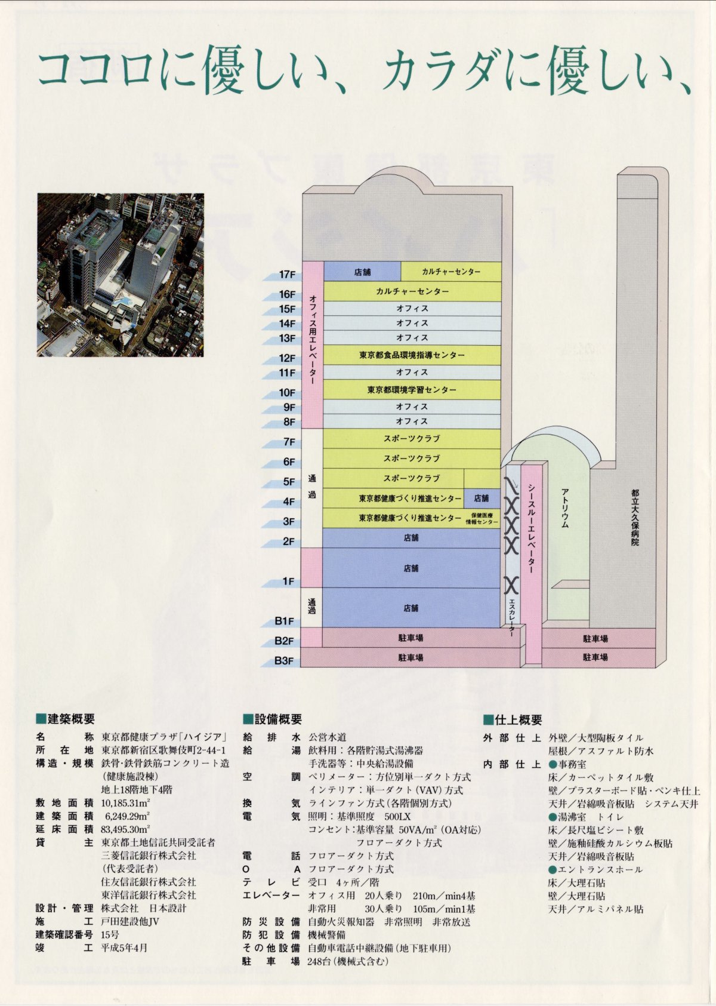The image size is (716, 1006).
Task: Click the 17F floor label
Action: coord(288,275)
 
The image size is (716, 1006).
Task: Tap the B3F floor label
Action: coord(285,661)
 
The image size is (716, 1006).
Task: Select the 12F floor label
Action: coord(288,358)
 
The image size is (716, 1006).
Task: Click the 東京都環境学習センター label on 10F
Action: coord(412,390)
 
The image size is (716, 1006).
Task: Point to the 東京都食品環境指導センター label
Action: coord(412,355)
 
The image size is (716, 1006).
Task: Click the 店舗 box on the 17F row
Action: coord(362,272)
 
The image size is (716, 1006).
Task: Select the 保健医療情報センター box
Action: coord(482,518)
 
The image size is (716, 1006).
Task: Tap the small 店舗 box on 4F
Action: coord(482,498)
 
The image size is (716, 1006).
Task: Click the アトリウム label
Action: coord(564,507)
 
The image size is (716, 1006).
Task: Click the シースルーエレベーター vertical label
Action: coord(530,528)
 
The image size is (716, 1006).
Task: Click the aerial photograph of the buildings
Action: coord(121,275)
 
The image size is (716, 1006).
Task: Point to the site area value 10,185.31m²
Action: coord(126,803)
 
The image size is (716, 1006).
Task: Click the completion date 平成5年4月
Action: coord(124,947)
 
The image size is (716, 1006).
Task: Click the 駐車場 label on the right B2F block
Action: coord(595,639)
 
